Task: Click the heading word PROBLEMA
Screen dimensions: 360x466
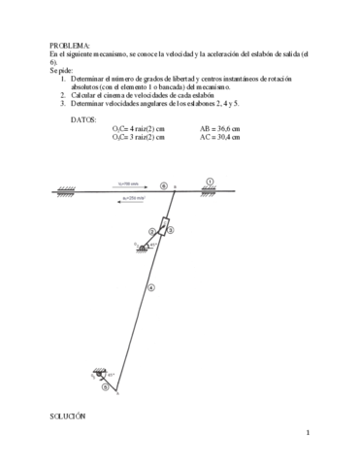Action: point(68,46)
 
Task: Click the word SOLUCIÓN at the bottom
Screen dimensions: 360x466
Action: point(68,415)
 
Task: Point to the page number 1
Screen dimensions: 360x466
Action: point(307,433)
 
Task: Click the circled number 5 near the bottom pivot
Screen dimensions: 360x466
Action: point(105,386)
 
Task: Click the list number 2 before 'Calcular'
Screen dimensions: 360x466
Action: point(62,96)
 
